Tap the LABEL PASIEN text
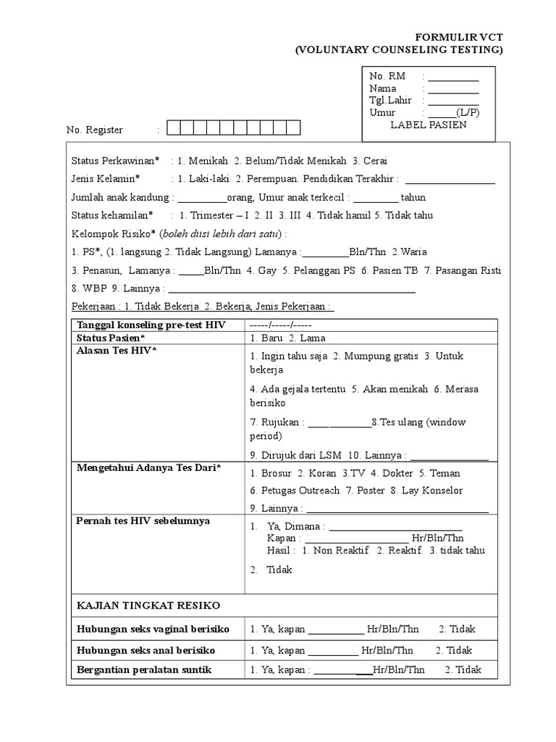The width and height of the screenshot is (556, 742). (428, 125)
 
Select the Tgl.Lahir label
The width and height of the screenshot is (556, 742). (390, 101)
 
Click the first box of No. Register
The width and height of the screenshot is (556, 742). (173, 129)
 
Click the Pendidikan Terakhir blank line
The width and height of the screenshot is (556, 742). (450, 180)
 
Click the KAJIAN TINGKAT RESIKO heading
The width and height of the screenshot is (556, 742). (148, 605)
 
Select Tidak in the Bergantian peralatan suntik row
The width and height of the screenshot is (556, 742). (467, 670)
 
